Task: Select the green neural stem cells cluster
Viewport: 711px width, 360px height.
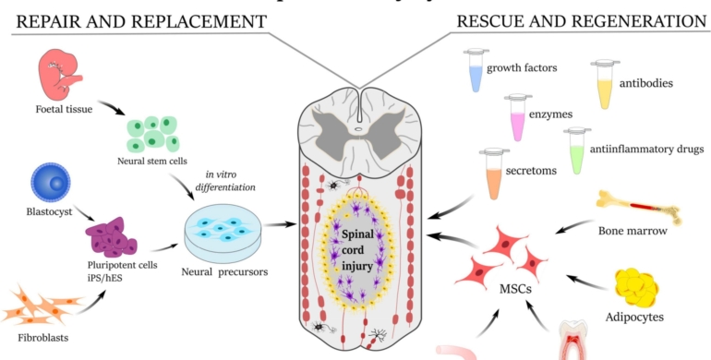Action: (x=151, y=133)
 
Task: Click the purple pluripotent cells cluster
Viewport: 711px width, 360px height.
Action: (x=114, y=238)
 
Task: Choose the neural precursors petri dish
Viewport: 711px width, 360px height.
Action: (x=221, y=225)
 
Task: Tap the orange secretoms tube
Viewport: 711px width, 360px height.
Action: (x=494, y=174)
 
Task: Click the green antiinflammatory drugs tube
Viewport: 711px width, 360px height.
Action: (x=577, y=150)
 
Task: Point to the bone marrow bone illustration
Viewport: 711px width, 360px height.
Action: (x=643, y=208)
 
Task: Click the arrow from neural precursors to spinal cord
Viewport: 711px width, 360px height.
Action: (x=282, y=223)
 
